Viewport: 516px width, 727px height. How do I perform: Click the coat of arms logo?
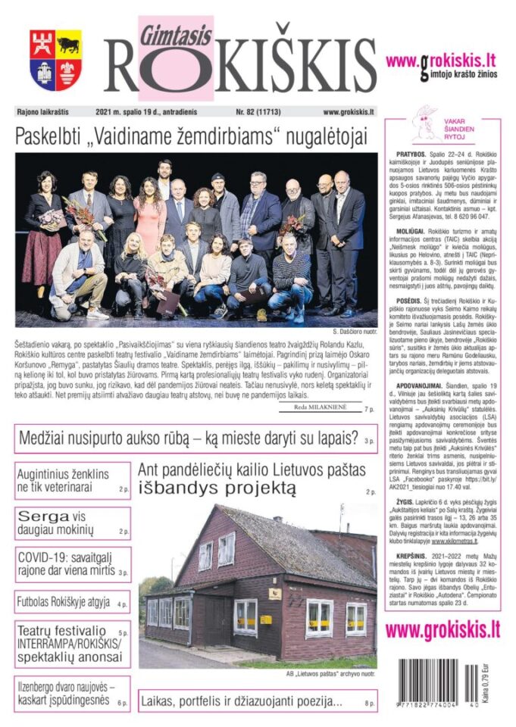click(55, 60)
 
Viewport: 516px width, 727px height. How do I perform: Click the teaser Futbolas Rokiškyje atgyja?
click(64, 604)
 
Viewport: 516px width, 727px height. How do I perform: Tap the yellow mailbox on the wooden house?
click(266, 619)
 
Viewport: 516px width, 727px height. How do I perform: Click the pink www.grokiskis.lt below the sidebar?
click(443, 629)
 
